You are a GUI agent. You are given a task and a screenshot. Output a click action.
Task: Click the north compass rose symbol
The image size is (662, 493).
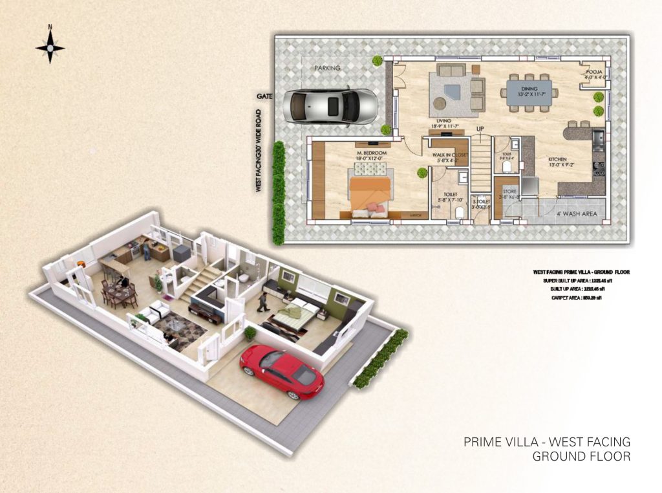pyautogui.click(x=50, y=47)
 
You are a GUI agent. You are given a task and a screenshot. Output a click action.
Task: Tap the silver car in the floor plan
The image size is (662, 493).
pyautogui.click(x=332, y=104)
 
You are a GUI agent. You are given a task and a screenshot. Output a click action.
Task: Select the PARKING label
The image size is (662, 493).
pyautogui.click(x=327, y=68)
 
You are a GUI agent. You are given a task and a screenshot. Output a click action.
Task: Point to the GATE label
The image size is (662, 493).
pyautogui.click(x=265, y=96)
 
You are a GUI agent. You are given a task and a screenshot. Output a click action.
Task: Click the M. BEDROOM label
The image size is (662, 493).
pyautogui.click(x=371, y=153)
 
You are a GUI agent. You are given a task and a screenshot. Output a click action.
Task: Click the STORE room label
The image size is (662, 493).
pyautogui.click(x=510, y=192)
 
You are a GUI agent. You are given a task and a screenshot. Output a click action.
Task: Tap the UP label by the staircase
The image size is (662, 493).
pyautogui.click(x=480, y=129)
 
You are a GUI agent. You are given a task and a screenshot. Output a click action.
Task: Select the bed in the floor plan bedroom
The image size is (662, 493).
pyautogui.click(x=370, y=189)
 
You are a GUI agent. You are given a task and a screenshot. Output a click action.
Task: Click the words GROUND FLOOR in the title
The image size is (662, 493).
pyautogui.click(x=581, y=457)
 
